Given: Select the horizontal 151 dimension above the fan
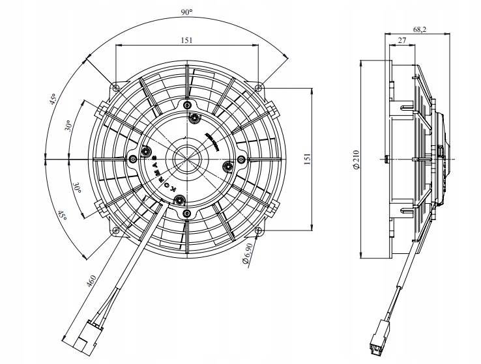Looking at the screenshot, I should (187, 40).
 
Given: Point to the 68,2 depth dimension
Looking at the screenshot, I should (420, 29).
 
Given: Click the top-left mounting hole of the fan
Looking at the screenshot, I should (116, 87).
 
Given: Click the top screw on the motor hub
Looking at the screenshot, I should (187, 105).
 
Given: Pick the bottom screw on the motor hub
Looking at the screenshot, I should (187, 212).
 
